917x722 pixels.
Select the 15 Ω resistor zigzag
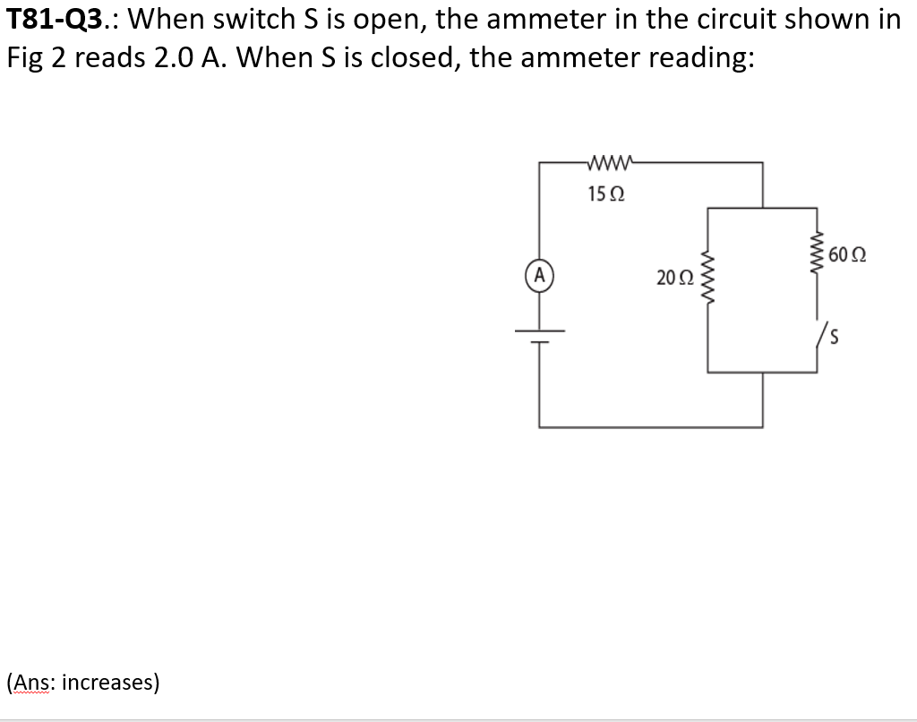pos(610,163)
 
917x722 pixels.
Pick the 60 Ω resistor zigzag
pos(816,254)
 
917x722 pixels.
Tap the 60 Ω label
pos(846,254)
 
